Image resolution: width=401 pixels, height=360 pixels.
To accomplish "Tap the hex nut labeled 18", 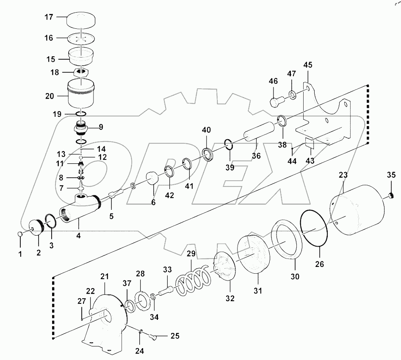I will pyautogui.click(x=81, y=72).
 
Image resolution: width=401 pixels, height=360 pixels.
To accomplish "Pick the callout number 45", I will pyautogui.click(x=307, y=65).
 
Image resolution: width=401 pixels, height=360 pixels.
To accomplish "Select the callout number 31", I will pyautogui.click(x=258, y=291).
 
